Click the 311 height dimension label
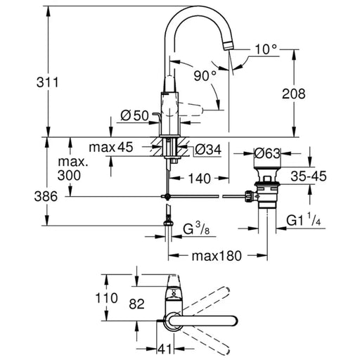[x=47, y=82]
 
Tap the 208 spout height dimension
[x=293, y=94]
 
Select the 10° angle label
[x=266, y=50]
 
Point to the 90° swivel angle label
[x=205, y=75]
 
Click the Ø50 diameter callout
[x=135, y=115]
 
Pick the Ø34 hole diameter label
[x=208, y=150]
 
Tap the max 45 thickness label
[x=111, y=147]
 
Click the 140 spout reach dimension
[x=200, y=179]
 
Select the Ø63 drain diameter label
[x=267, y=154]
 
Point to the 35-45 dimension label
[x=309, y=176]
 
